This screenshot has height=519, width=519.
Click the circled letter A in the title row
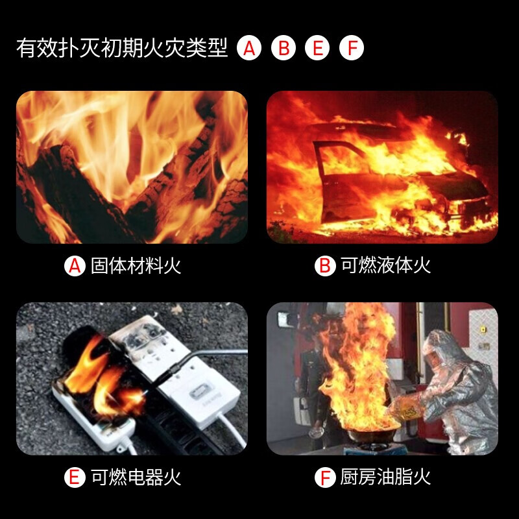[x=249, y=48]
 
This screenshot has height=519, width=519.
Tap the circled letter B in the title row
[x=284, y=48]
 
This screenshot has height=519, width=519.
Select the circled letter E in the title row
[x=317, y=48]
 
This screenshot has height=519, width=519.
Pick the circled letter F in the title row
[x=352, y=48]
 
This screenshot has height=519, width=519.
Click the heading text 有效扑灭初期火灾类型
[x=122, y=48]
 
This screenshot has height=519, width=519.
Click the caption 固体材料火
[x=136, y=266]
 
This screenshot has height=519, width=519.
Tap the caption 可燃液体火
[x=386, y=266]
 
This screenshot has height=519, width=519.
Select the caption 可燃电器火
[x=136, y=477]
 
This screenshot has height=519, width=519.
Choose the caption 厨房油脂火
[x=386, y=477]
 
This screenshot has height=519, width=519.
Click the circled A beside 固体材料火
[x=75, y=266]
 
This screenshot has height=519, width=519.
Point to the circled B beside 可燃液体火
[x=325, y=266]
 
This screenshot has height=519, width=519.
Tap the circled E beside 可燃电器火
[x=75, y=477]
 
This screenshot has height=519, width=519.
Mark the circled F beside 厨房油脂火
[x=325, y=477]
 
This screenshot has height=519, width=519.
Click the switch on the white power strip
[x=198, y=393]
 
